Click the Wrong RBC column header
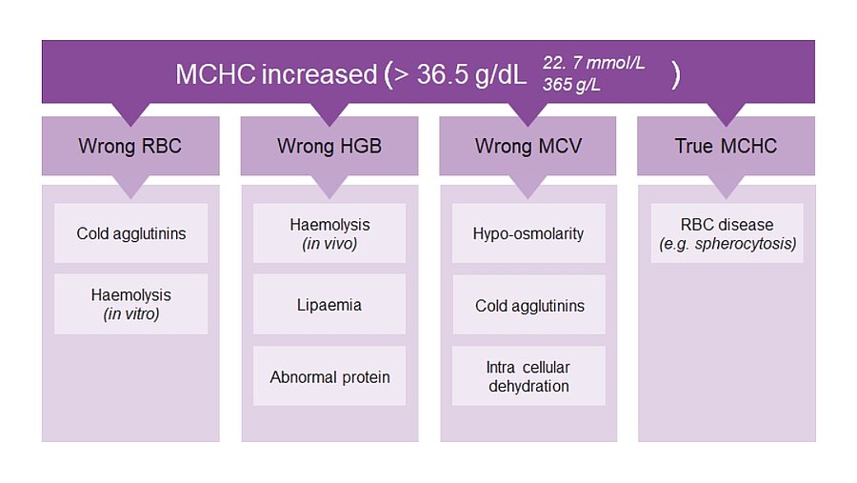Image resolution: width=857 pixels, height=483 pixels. (130, 146)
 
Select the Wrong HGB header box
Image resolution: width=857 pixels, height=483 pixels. (329, 146)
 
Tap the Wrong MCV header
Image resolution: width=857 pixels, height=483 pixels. (528, 146)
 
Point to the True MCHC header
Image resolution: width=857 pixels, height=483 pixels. (726, 146)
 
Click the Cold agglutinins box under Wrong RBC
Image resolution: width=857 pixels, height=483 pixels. (131, 233)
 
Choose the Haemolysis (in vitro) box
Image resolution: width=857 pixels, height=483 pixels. (131, 304)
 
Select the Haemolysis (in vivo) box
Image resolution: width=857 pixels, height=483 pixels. (329, 233)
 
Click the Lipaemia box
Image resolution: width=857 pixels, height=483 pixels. (329, 305)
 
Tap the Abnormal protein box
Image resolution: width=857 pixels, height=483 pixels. (329, 375)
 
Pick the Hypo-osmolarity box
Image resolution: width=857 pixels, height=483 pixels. (528, 233)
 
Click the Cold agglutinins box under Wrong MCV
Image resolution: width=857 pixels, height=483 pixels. (528, 305)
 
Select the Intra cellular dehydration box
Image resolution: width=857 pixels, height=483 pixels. (528, 375)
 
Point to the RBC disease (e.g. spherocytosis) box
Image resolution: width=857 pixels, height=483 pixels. (727, 233)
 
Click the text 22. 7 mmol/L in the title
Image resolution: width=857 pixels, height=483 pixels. (593, 63)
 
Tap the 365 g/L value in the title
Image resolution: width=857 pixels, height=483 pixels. (571, 85)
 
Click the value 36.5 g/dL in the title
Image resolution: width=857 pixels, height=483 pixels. (471, 74)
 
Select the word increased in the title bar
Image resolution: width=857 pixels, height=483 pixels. (319, 74)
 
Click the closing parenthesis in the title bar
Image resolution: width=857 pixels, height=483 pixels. (676, 75)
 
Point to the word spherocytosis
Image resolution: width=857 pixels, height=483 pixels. (746, 244)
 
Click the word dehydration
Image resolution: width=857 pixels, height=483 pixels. (528, 386)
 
